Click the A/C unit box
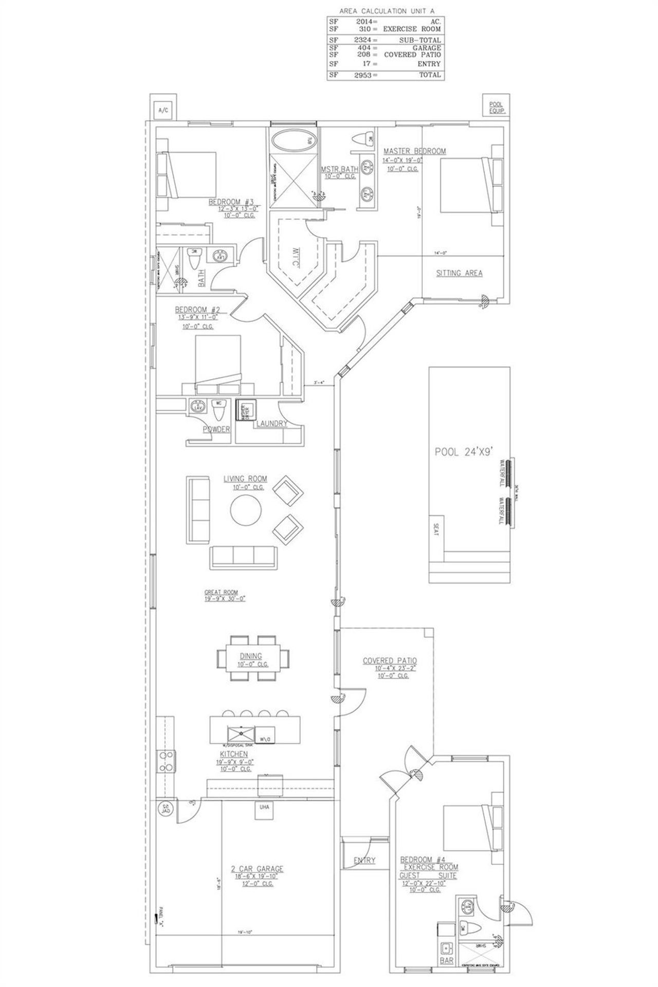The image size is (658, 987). [163, 110]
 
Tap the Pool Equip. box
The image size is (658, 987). [497, 106]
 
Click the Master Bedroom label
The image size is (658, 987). [414, 151]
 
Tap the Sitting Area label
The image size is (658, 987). [459, 273]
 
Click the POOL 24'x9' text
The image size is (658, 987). [464, 452]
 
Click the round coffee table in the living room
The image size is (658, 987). [246, 510]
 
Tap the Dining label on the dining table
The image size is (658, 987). [250, 656]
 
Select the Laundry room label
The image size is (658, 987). [272, 424]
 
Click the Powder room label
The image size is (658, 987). [216, 429]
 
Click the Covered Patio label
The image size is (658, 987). [389, 661]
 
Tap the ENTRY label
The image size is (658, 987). [364, 861]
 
